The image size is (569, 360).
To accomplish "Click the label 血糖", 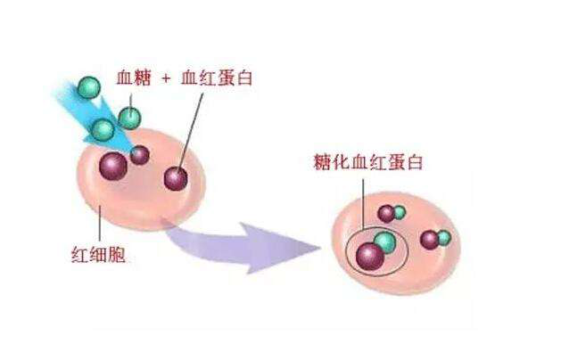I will (134, 78).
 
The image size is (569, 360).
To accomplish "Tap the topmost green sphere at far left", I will (88, 86).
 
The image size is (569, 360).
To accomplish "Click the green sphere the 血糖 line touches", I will (130, 117).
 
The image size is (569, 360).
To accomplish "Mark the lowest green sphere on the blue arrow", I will (103, 130).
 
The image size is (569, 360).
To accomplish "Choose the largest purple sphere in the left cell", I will (114, 165).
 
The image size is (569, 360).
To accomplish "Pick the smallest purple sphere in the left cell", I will (140, 155).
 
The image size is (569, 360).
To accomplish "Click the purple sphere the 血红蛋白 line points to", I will (176, 178).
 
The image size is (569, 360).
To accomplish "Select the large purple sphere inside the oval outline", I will (369, 257).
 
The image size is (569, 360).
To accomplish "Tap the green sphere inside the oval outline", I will (384, 241).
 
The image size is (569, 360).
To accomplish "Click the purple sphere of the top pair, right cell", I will (386, 214).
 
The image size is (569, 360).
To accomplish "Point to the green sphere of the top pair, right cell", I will (399, 212).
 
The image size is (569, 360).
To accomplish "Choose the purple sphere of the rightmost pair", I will (430, 239).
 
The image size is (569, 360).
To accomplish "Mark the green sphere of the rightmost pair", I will (443, 237).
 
